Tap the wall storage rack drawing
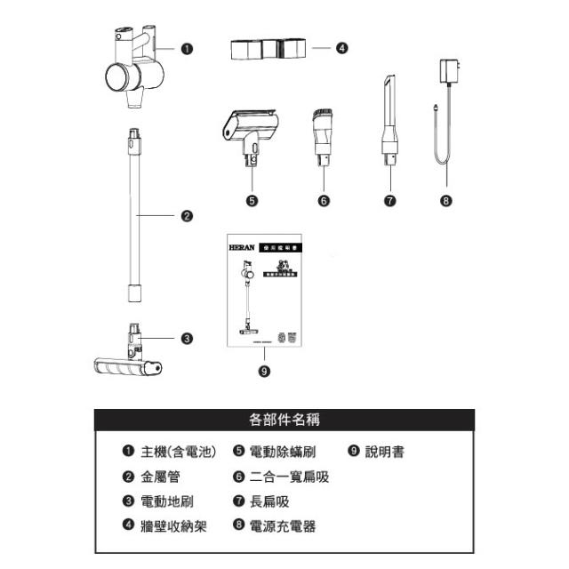[x=267, y=49]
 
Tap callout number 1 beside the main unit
[x=186, y=50]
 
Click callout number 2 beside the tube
[x=186, y=216]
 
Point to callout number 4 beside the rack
[x=342, y=49]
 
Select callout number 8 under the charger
[x=445, y=201]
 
